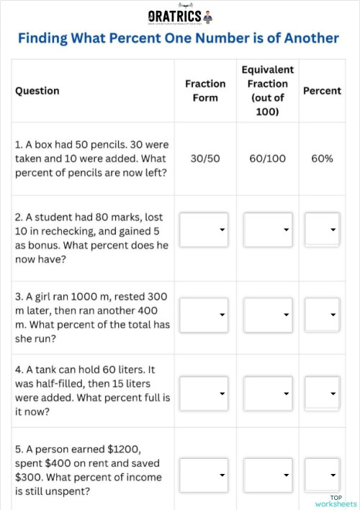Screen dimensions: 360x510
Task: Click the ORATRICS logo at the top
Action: click(180, 15)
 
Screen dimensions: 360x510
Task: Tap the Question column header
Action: click(37, 91)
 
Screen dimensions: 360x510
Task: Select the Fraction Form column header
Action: click(205, 91)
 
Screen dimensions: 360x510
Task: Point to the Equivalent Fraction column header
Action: click(268, 91)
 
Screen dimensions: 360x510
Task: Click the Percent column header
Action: click(322, 91)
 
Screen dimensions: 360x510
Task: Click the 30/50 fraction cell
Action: click(205, 158)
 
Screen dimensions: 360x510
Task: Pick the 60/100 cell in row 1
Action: click(268, 158)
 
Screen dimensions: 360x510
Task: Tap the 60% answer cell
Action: click(322, 158)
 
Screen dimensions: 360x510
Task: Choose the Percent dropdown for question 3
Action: click(322, 315)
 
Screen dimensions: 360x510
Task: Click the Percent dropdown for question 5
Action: click(322, 475)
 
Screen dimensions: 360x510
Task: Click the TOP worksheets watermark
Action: click(336, 501)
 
